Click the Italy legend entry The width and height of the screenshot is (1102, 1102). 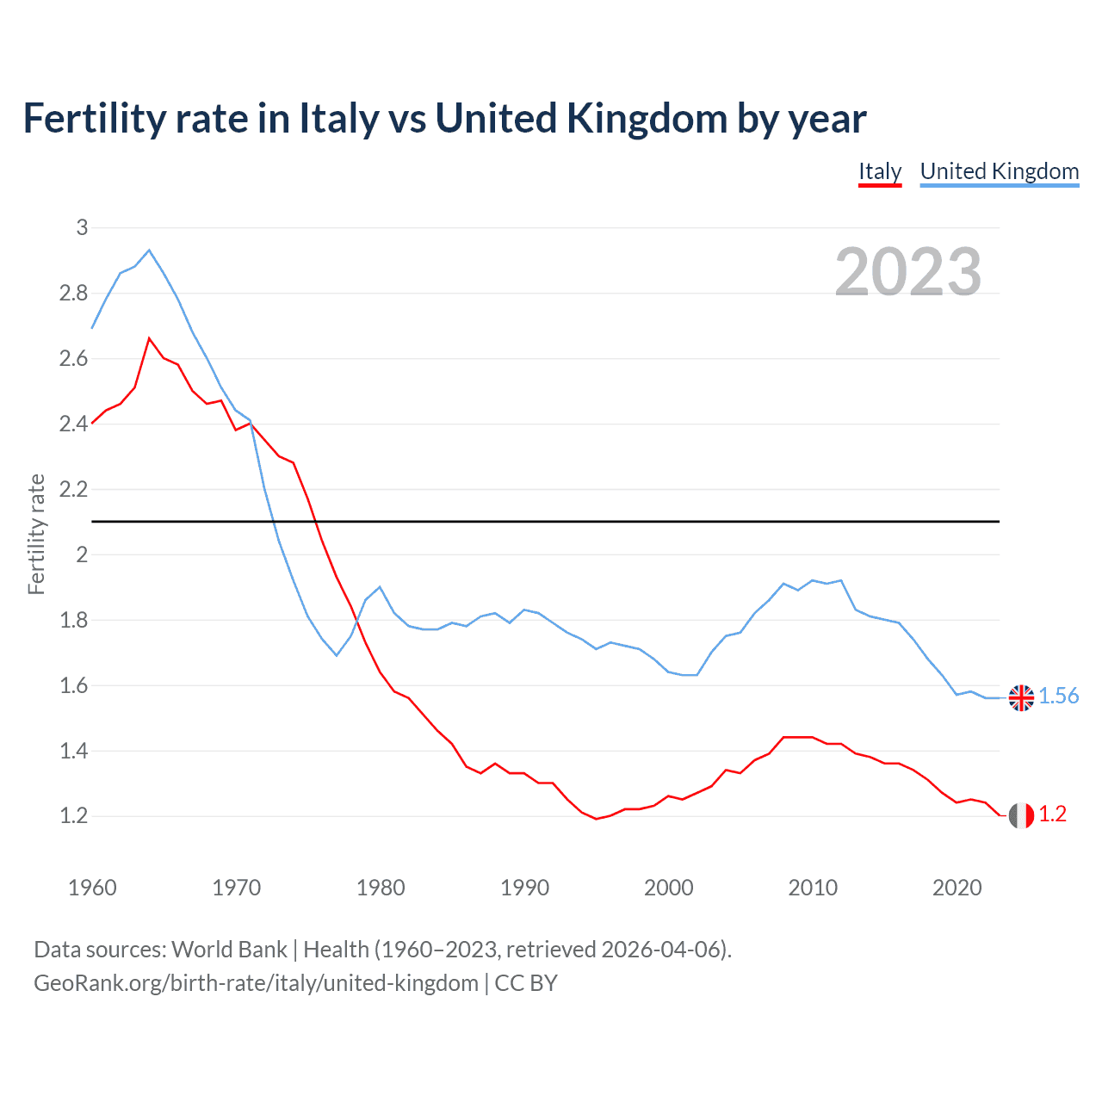879,171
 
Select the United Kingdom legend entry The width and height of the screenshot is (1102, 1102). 999,171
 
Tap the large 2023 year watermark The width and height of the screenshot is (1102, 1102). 908,272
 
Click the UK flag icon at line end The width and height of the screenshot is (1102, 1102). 1021,697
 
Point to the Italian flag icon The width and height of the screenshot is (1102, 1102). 1021,814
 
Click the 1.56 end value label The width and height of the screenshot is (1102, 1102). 1058,696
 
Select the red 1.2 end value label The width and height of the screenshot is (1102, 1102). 1052,814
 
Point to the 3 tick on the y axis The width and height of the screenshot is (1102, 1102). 83,227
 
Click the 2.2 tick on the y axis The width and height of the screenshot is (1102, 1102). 74,489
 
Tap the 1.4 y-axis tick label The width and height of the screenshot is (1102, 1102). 74,751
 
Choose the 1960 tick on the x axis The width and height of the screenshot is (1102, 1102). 92,888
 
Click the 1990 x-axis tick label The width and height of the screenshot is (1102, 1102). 524,888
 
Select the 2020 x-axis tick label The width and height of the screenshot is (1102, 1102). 957,888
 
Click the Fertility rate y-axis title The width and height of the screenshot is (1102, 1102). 36,534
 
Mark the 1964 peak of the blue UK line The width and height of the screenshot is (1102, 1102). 149,251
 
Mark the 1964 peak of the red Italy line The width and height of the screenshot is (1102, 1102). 149,338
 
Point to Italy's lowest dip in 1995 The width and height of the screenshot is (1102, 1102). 596,819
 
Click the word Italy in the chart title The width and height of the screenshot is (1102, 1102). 338,119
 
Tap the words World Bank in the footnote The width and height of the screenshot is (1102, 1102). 229,950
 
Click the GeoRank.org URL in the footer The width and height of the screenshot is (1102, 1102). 256,983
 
